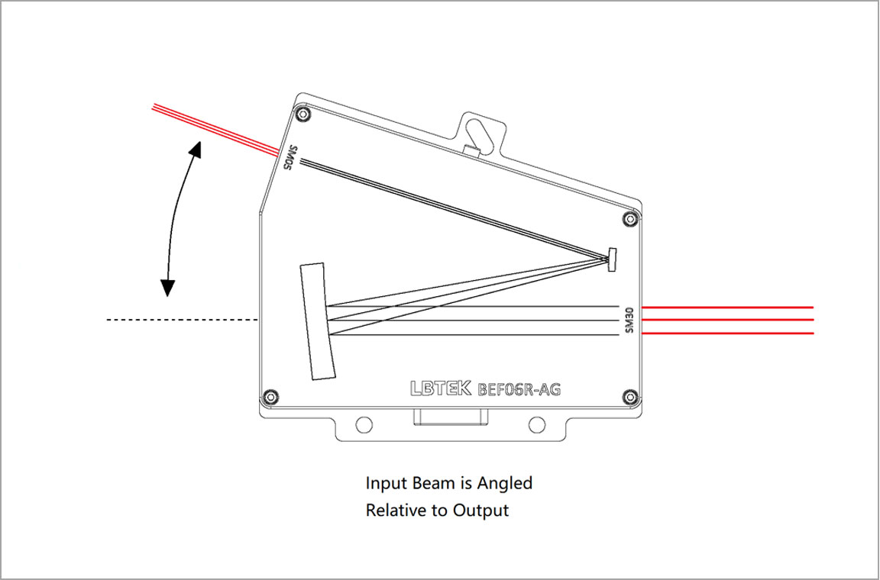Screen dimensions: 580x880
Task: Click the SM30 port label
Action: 629,320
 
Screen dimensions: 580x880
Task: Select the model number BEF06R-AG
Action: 519,390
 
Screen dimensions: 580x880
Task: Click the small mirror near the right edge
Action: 612,259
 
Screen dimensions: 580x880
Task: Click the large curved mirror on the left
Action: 318,321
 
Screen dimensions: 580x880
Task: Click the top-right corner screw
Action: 629,219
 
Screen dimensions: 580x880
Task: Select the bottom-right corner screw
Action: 629,396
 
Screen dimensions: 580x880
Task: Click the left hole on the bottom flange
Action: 364,425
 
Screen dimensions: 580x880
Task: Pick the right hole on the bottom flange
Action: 536,425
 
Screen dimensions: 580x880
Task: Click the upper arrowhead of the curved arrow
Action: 197,148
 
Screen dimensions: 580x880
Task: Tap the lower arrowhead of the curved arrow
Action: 167,287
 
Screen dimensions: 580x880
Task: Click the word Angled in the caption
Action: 505,483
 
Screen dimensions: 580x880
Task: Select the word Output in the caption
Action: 480,510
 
